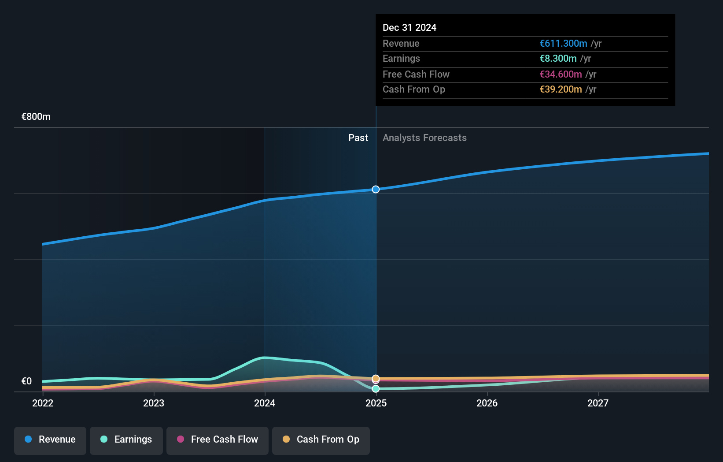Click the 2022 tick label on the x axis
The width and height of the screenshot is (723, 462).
43,403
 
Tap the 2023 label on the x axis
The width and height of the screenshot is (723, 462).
154,403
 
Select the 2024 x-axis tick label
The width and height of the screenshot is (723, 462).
265,403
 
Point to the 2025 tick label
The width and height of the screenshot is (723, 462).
376,403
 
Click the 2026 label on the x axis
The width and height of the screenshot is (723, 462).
487,403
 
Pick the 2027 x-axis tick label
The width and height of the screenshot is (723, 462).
598,403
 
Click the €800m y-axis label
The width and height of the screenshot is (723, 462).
36,117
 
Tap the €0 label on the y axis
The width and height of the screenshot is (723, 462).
26,381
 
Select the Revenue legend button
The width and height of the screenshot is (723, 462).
50,440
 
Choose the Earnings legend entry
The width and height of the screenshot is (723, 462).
126,440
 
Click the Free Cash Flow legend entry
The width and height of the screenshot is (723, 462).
218,440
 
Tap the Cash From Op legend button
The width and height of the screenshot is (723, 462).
321,440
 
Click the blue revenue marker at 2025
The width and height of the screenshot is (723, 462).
376,190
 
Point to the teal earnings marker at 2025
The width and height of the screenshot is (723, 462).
376,389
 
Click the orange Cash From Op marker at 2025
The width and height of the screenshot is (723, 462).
376,378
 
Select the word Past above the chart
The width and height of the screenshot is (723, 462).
358,138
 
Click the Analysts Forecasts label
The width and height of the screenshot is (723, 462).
424,138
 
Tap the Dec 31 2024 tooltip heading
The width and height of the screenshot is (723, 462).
409,28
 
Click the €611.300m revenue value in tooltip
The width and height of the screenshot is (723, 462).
563,44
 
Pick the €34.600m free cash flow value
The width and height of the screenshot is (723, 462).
561,75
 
